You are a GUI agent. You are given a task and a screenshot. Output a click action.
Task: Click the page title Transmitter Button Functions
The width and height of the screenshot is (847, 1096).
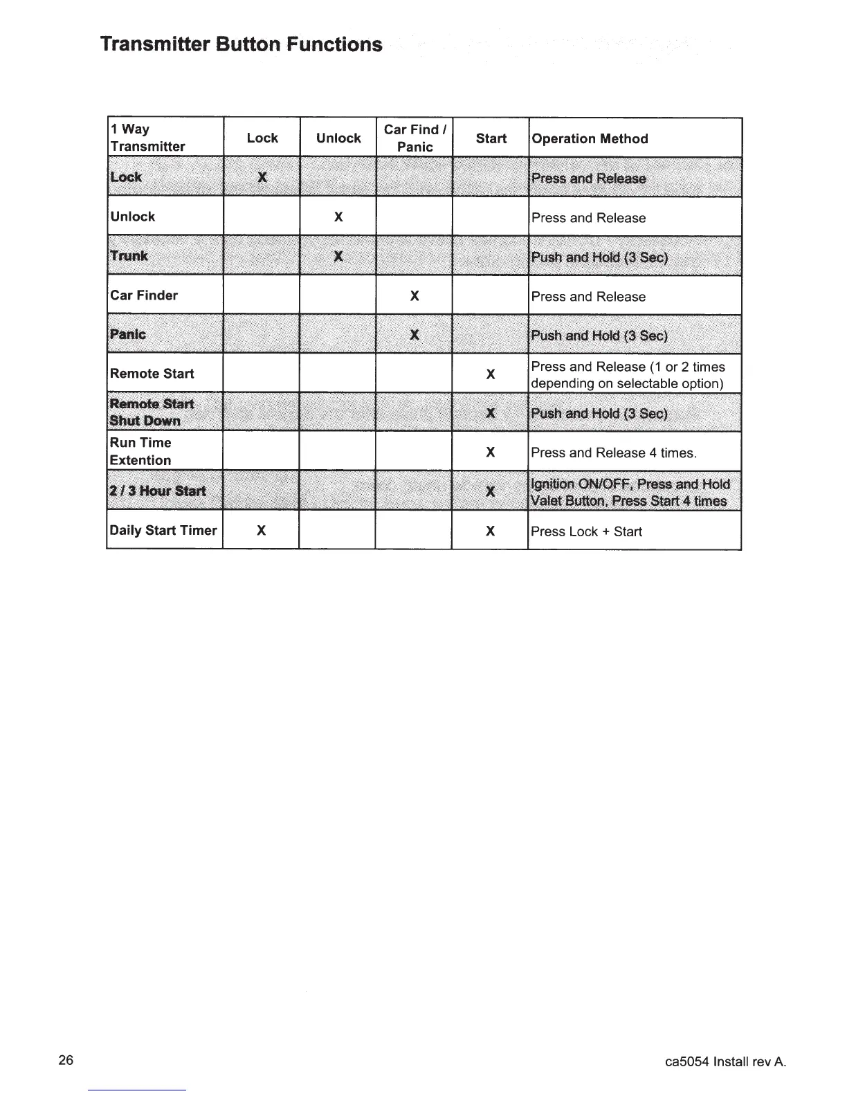[241, 44]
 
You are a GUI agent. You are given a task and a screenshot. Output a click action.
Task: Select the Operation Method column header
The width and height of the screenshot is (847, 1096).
[590, 138]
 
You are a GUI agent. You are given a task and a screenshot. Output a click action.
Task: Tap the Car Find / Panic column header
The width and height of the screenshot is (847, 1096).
[415, 138]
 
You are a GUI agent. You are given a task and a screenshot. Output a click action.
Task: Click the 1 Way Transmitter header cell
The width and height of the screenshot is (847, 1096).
[147, 138]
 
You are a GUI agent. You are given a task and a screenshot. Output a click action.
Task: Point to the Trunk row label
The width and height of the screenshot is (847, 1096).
[129, 256]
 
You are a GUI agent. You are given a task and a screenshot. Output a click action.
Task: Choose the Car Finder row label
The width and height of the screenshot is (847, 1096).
[144, 295]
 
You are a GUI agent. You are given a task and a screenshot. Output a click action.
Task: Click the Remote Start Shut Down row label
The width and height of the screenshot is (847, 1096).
[152, 412]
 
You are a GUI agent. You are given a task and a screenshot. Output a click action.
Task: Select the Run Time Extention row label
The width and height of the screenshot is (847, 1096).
[140, 451]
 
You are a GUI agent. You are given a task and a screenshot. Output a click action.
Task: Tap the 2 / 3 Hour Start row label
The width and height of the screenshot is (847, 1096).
[158, 491]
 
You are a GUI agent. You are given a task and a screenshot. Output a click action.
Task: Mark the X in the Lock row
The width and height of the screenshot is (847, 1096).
[262, 177]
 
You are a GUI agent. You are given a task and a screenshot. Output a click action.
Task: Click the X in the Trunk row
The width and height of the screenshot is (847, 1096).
[338, 257]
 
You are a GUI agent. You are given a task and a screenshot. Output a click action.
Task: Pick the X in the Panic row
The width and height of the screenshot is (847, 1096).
[415, 336]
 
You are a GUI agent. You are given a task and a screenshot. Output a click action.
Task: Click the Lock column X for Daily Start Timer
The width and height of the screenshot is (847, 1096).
[262, 531]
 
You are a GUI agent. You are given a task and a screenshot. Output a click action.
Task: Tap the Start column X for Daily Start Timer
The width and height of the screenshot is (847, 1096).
[490, 531]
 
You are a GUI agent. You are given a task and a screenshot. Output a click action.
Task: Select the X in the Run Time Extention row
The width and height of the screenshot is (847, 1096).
[490, 453]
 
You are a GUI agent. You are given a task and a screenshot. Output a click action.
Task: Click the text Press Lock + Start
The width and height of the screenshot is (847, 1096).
[586, 531]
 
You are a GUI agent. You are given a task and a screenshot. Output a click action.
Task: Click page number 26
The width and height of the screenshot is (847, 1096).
[66, 1061]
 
